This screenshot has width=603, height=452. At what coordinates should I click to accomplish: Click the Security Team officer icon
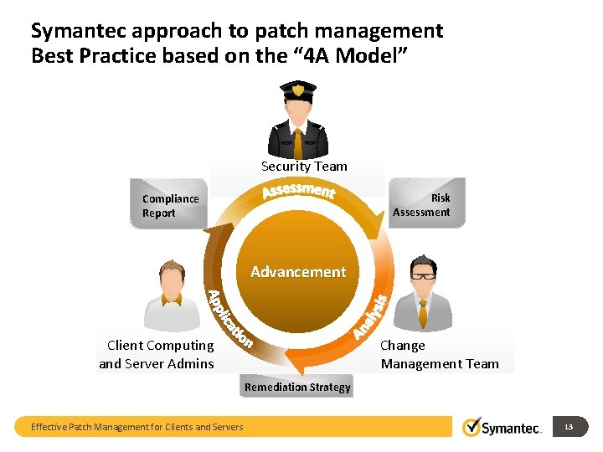point(298,121)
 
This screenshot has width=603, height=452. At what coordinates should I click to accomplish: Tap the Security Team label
point(304,167)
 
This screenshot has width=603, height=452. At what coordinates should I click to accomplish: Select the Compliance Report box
point(170,205)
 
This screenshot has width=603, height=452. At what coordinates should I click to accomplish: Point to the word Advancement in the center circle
point(297,272)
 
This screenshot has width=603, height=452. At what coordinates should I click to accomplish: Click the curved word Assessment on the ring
point(298,193)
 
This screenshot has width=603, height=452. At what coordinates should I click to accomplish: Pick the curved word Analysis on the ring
point(369,317)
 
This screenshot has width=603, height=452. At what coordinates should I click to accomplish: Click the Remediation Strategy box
point(297,387)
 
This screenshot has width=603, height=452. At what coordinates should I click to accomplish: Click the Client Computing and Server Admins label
point(157,354)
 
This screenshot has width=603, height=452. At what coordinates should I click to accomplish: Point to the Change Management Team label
point(439,354)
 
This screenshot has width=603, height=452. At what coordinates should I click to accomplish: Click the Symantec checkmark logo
point(472,427)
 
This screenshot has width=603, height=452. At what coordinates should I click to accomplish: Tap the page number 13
point(569,427)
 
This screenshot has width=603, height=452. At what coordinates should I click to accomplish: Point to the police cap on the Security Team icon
point(298,90)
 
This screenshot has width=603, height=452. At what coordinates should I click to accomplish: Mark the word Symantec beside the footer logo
point(513,428)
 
